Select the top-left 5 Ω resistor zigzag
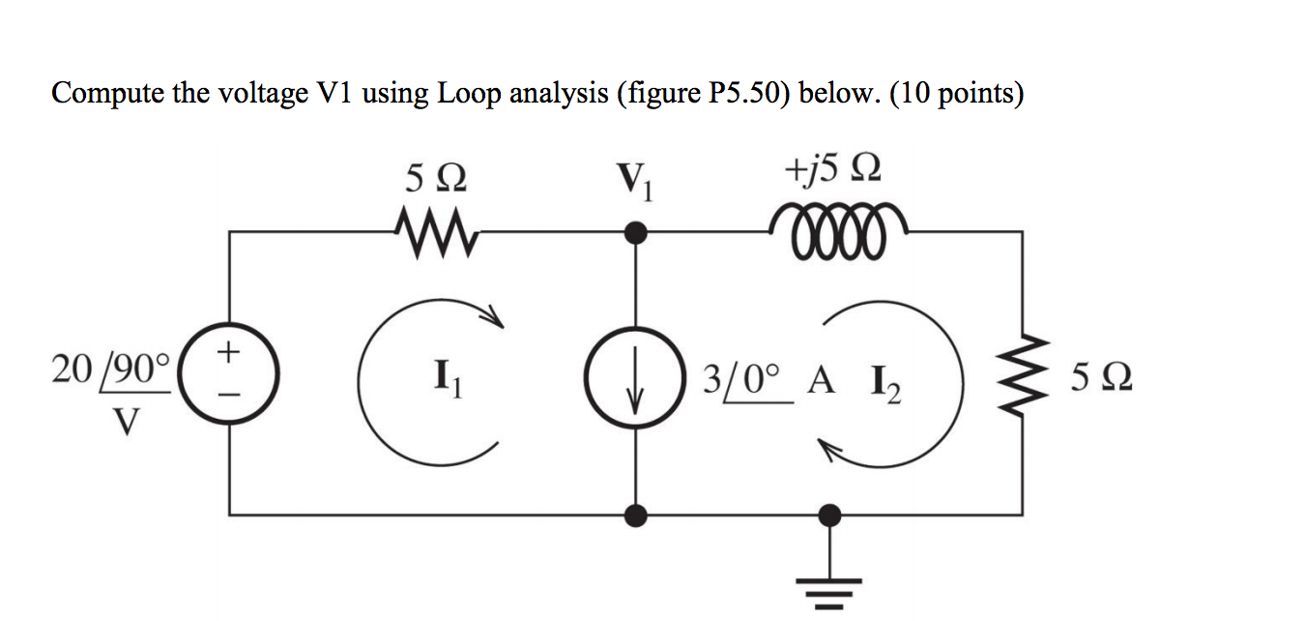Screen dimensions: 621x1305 pos(431,231)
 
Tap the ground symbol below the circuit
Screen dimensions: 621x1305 pos(828,586)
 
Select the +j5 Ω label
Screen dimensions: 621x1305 pos(832,174)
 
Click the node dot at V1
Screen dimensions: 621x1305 pos(635,232)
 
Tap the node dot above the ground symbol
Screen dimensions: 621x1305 pos(828,514)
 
